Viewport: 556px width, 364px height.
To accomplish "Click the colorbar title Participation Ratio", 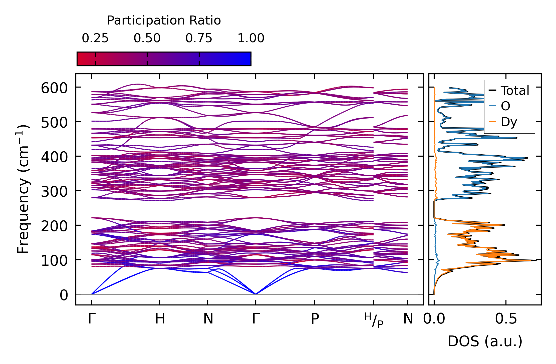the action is pos(164,21).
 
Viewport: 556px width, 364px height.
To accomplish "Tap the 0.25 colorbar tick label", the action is pos(95,38).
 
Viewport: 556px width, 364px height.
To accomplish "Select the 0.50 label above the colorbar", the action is pos(147,38).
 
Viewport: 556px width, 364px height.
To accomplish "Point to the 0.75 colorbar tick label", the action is pos(199,38).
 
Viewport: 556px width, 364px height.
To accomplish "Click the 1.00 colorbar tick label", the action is pos(251,38).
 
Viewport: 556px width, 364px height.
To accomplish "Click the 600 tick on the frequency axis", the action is pos(54,88).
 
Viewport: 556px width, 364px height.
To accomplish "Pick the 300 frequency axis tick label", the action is pos(54,192).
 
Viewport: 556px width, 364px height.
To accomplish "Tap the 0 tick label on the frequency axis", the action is pos(64,295).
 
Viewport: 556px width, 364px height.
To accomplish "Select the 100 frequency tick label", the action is pos(54,261).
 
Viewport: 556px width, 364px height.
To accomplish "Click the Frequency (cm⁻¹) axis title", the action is pos(23,189).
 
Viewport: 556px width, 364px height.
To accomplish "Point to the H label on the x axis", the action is pos(160,319).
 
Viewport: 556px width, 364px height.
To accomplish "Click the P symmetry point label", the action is pos(315,319).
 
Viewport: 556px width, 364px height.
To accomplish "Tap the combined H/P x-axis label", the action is pos(374,320).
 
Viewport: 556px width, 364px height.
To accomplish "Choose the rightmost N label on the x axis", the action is pos(408,319).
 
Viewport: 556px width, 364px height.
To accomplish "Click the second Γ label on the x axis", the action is pos(255,319).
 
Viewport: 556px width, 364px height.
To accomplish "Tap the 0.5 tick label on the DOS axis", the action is pos(506,319).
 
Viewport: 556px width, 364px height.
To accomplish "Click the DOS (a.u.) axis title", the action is pos(485,341).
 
